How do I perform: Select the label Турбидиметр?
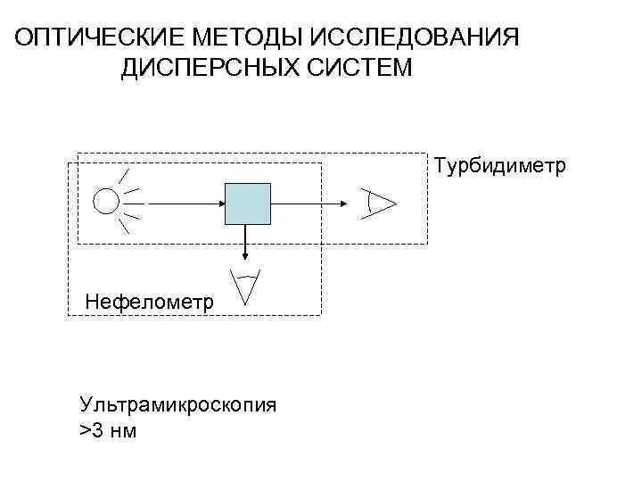500,166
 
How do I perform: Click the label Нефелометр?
149,303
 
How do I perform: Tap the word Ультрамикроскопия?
178,404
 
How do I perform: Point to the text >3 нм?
108,433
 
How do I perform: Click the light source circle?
106,202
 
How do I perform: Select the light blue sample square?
247,204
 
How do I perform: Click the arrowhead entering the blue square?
219,204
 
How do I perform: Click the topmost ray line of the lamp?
125,175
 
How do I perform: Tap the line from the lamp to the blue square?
183,204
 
